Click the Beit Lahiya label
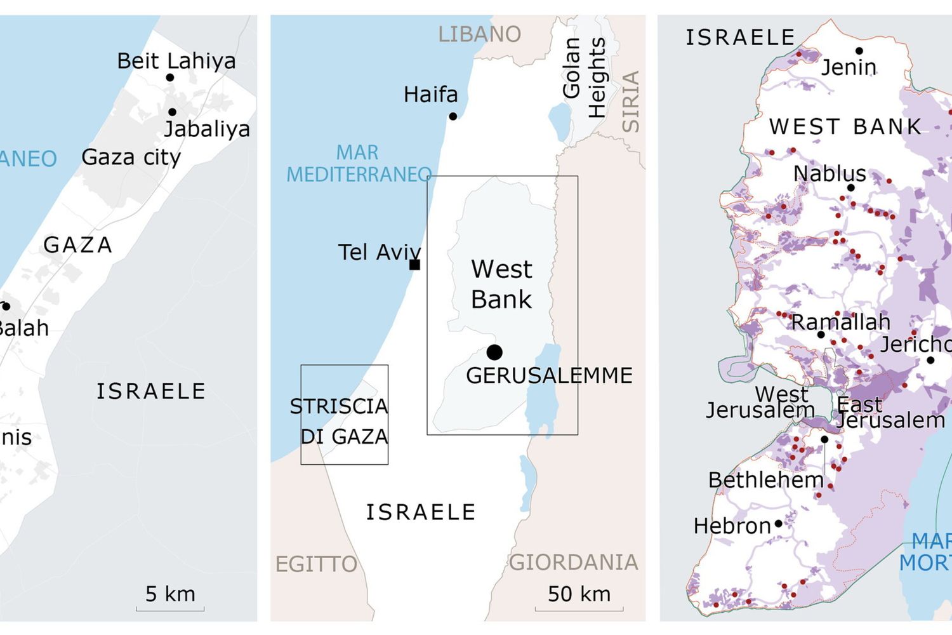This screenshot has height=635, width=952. [x=176, y=61]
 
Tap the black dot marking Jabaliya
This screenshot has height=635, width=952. [x=172, y=112]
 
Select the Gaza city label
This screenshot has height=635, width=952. [x=131, y=157]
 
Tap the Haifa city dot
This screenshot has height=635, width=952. [x=453, y=116]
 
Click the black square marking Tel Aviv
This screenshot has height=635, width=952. [x=414, y=265]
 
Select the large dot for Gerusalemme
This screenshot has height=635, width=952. [x=494, y=352]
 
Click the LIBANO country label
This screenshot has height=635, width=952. [x=479, y=34]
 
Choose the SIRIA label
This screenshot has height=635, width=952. [x=630, y=102]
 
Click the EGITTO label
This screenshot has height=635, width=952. [x=316, y=564]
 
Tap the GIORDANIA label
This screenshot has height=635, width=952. [x=573, y=562]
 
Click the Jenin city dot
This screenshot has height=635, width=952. [x=859, y=51]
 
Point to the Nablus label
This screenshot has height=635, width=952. [x=830, y=173]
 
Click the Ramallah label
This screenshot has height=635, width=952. [x=840, y=322]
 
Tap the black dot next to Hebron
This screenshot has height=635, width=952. [x=778, y=524]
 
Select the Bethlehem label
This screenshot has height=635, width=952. [x=765, y=480]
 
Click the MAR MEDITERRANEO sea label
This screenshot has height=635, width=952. [x=359, y=163]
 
